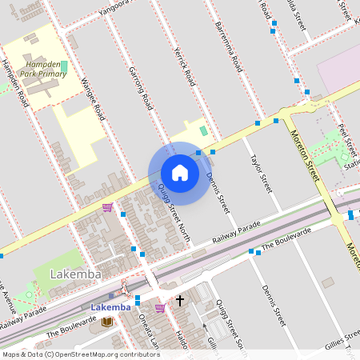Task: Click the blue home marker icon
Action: click(180, 173)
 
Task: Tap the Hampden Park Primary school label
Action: click(45, 68)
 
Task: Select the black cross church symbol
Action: click(180, 301)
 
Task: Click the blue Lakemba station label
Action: click(110, 308)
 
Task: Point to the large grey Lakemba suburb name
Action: click(76, 274)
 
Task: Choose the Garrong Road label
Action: click(140, 88)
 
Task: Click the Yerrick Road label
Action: click(184, 66)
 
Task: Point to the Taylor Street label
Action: click(262, 174)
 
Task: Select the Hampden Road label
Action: click(15, 84)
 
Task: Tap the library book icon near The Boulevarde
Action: click(107, 321)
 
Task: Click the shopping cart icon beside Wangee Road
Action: click(107, 207)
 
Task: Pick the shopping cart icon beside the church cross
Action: click(160, 308)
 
